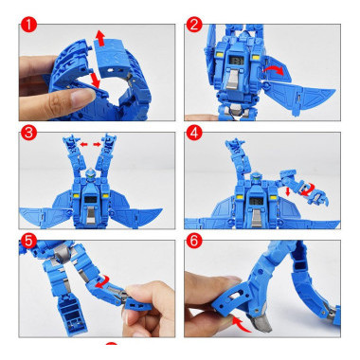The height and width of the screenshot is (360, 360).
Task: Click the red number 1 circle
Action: tap(28, 25)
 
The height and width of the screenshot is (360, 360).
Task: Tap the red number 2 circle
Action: tap(194, 25)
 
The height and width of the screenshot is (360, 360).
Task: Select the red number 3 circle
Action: tap(28, 133)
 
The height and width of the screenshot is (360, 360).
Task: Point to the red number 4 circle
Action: tap(194, 133)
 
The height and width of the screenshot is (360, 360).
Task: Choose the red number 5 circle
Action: tap(28, 241)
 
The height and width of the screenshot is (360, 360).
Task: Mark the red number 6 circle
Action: tap(194, 241)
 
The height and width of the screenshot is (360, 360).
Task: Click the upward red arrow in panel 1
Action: tap(100, 38)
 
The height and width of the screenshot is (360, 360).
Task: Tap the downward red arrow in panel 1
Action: tap(95, 81)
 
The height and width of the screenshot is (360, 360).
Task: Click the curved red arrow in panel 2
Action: tap(274, 70)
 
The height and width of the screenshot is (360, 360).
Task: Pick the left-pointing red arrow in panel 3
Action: tap(83, 144)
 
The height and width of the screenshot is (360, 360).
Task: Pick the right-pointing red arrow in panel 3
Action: tap(97, 144)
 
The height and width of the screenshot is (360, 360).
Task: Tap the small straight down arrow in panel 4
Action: tap(288, 191)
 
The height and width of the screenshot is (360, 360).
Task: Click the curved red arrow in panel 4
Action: tap(306, 189)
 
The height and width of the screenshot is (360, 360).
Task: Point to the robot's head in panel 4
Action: tap(255, 177)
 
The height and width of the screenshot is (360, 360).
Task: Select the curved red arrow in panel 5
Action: tap(102, 281)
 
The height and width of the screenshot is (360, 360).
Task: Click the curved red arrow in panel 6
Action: tap(241, 324)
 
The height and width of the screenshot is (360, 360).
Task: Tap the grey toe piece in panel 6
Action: tap(261, 323)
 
